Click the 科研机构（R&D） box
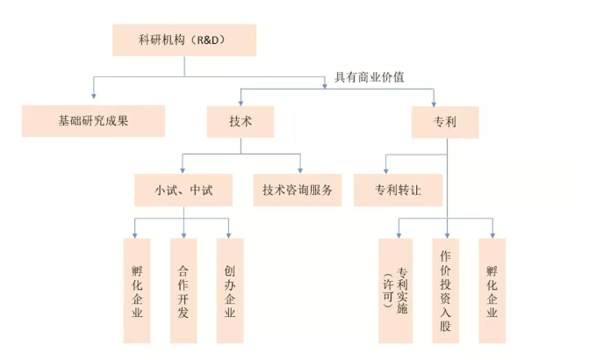click(x=183, y=40)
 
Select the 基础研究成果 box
click(x=93, y=121)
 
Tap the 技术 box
click(x=241, y=121)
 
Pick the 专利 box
click(x=446, y=121)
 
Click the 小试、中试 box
click(x=183, y=190)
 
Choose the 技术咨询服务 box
click(x=297, y=190)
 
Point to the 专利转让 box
click(x=397, y=190)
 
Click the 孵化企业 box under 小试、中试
click(x=135, y=290)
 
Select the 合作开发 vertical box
click(x=183, y=290)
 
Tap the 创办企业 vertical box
click(x=230, y=290)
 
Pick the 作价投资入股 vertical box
click(x=446, y=290)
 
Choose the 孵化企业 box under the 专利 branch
click(x=493, y=290)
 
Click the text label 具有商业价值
click(x=370, y=76)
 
